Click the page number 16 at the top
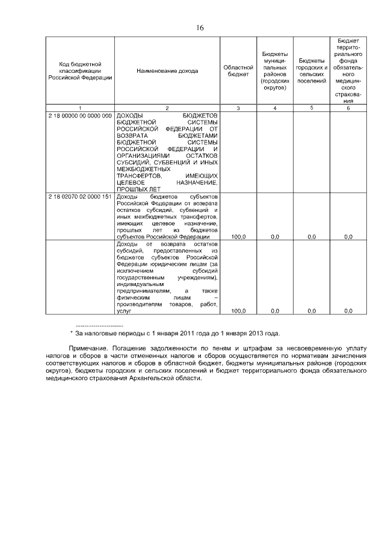click(x=200, y=27)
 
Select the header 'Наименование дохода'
click(x=167, y=71)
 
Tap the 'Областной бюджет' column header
click(x=238, y=71)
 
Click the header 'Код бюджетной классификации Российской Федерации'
click(x=80, y=71)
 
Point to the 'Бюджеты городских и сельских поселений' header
click(x=312, y=70)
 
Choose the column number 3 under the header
click(x=238, y=108)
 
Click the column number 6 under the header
click(x=348, y=108)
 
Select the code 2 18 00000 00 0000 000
click(x=80, y=115)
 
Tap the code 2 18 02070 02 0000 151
click(x=80, y=197)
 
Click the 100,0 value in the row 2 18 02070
click(x=238, y=237)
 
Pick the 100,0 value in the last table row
click(x=238, y=311)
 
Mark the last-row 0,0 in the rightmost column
click(x=348, y=311)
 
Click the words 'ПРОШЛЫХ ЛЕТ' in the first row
click(x=135, y=189)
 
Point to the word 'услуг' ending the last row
click(x=123, y=311)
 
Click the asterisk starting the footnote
click(x=72, y=332)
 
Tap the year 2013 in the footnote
click(x=252, y=332)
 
